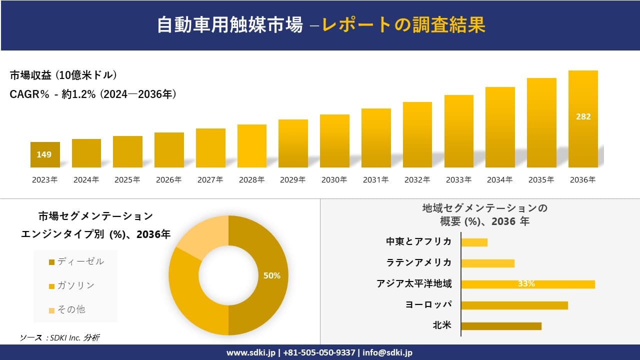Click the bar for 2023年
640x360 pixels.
(x=45, y=155)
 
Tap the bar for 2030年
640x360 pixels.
(x=334, y=141)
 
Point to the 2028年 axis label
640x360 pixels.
(x=251, y=180)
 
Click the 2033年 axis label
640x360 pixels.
(x=458, y=180)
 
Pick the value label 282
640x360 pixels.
(x=583, y=116)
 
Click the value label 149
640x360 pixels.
(x=44, y=154)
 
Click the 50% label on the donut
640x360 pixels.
(x=272, y=275)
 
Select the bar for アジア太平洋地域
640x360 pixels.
(x=527, y=284)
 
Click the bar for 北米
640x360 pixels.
(x=501, y=326)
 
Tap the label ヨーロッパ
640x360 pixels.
(x=428, y=304)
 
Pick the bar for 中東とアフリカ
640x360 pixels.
(x=474, y=242)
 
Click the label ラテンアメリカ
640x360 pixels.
(x=418, y=262)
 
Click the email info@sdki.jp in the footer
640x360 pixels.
(x=387, y=352)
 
